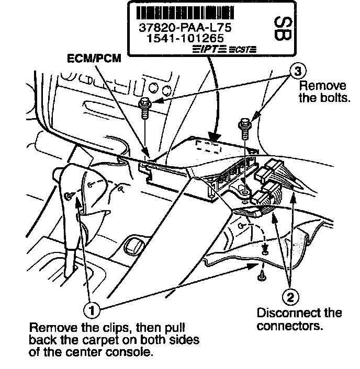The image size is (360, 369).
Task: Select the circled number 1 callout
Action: coord(92,309)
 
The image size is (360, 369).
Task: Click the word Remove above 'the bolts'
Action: coord(315,86)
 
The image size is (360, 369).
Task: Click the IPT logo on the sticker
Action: coord(209,50)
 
